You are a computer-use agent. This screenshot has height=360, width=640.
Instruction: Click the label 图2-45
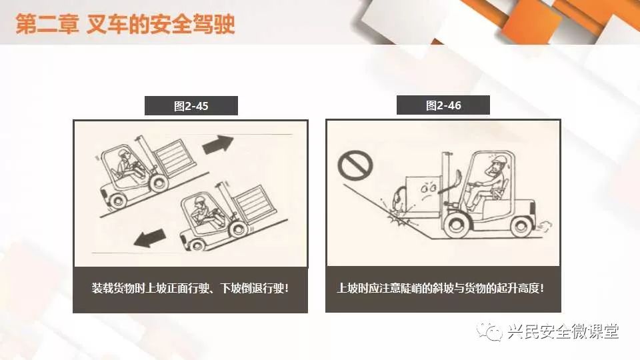191,106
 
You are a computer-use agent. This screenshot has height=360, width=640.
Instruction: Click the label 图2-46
443,106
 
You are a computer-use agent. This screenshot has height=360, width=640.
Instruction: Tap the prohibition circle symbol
355,166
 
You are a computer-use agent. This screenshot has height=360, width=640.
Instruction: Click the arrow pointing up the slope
218,144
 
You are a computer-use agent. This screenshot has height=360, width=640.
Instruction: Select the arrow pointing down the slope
149,238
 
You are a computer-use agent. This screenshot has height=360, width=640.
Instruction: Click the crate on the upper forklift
175,157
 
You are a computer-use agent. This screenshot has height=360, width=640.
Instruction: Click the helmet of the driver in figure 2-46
499,159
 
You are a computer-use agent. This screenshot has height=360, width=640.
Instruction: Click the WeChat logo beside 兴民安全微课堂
489,330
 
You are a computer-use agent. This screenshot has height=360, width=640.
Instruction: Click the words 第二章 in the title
47,24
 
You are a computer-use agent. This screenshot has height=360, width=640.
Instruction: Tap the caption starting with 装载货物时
190,288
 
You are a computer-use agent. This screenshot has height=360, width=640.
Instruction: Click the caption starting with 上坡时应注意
441,288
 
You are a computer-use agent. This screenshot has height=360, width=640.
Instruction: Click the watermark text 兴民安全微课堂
563,331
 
